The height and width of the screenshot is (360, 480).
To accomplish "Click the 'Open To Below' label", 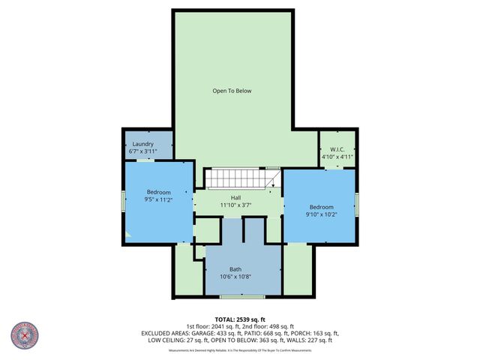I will pyautogui.click(x=232, y=91).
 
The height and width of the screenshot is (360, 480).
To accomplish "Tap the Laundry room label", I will pyautogui.click(x=142, y=143).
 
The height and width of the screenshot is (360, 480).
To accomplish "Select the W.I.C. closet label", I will pyautogui.click(x=337, y=148).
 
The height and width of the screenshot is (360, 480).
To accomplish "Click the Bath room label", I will pyautogui.click(x=235, y=268).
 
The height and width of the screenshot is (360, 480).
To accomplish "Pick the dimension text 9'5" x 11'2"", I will pyautogui.click(x=158, y=199).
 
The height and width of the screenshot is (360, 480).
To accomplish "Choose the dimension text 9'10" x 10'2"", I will pyautogui.click(x=321, y=214).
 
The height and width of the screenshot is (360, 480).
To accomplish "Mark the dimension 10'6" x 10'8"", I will pyautogui.click(x=235, y=276).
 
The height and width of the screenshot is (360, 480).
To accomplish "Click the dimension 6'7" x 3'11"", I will pyautogui.click(x=142, y=151).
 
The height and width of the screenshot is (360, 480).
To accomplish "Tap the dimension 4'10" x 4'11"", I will pyautogui.click(x=337, y=157).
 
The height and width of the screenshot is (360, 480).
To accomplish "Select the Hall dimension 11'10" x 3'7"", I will pyautogui.click(x=235, y=205).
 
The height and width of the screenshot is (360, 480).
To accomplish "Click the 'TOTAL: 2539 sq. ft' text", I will pyautogui.click(x=239, y=319).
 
